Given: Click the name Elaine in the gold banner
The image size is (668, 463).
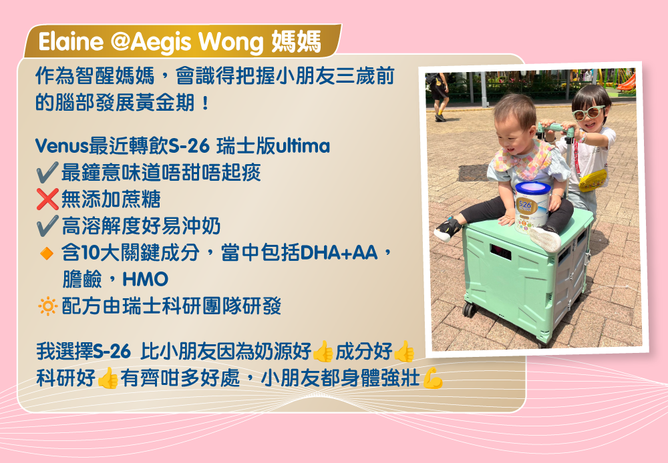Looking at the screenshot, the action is click(71, 42).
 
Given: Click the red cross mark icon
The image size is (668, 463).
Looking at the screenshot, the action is click(47, 199).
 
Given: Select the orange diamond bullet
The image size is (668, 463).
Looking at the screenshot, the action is click(47, 254).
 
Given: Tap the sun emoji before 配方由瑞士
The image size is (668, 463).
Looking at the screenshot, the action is click(47, 306).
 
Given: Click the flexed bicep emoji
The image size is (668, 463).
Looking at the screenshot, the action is click(432, 378).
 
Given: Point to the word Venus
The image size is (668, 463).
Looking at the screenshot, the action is click(61, 146).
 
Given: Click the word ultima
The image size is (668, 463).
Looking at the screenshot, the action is click(303, 146).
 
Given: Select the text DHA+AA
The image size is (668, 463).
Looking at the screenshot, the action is click(339, 253).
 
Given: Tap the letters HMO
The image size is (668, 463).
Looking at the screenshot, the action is click(145, 280).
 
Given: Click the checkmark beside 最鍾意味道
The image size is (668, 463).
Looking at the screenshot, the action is click(47, 172).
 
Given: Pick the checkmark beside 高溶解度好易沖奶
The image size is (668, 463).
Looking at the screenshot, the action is click(47, 225).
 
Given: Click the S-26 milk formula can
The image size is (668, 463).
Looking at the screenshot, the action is click(532, 207).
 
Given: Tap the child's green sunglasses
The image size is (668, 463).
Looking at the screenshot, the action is click(589, 112).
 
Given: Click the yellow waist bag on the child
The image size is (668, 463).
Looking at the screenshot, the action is click(593, 180).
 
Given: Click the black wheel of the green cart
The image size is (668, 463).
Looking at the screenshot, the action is click(469, 310).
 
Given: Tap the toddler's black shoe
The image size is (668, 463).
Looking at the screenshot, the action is click(447, 229).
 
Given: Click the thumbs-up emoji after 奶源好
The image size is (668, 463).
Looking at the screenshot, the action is click(323, 351).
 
